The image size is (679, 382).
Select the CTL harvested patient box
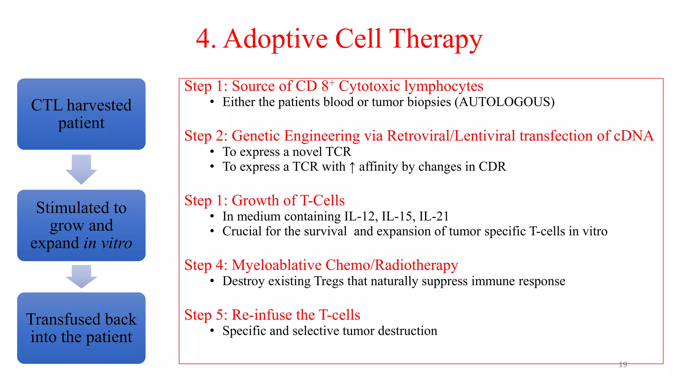click(x=81, y=114)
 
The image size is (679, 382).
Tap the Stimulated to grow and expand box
click(x=81, y=225)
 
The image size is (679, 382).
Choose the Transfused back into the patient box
click(x=81, y=328)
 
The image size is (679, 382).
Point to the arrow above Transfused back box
click(x=81, y=276)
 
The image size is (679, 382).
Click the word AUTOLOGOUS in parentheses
click(x=504, y=102)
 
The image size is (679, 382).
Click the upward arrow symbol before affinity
click(x=352, y=167)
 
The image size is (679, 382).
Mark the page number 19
click(x=623, y=365)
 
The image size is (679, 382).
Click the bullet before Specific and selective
click(x=212, y=331)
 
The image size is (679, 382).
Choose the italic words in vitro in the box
click(x=108, y=243)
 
